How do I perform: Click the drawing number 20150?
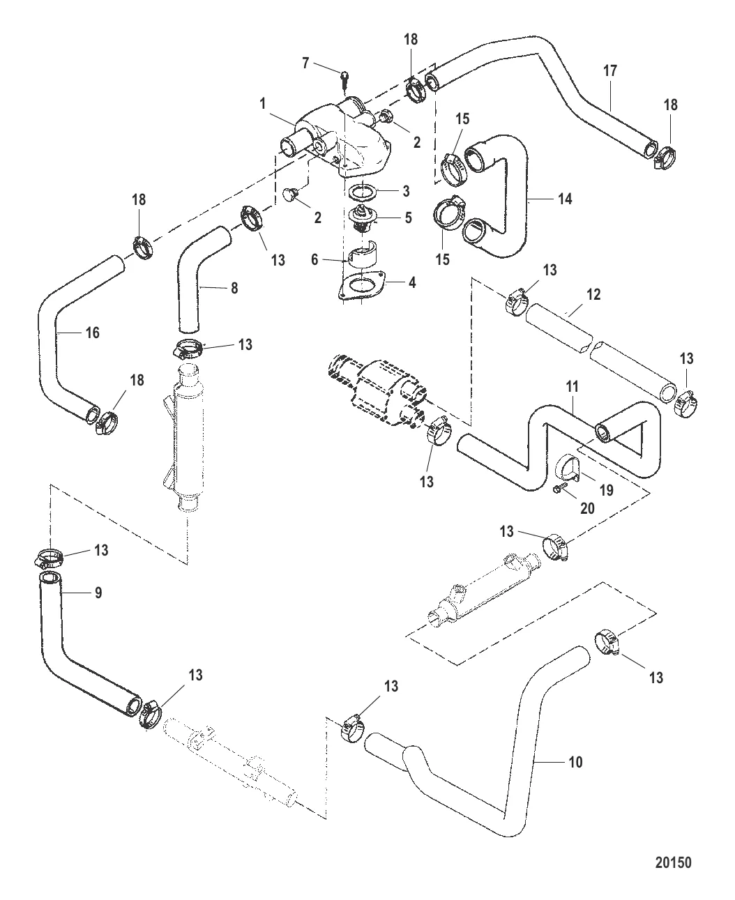click(673, 862)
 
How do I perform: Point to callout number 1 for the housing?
click(262, 104)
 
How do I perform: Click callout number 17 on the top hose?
click(610, 70)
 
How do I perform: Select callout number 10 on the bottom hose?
click(575, 762)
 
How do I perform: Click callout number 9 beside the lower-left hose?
click(98, 593)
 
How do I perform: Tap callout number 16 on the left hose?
click(93, 333)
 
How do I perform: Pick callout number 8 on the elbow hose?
click(234, 287)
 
